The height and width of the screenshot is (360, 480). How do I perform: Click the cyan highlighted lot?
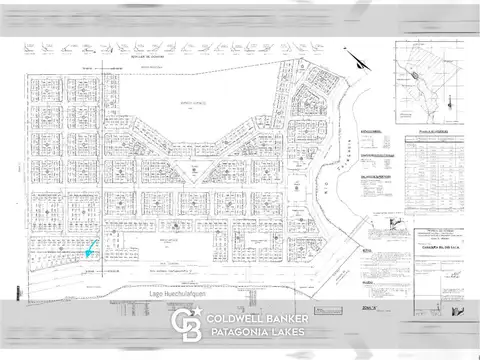(x=91, y=250)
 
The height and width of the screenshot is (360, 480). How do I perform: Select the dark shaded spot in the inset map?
(x=413, y=74)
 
